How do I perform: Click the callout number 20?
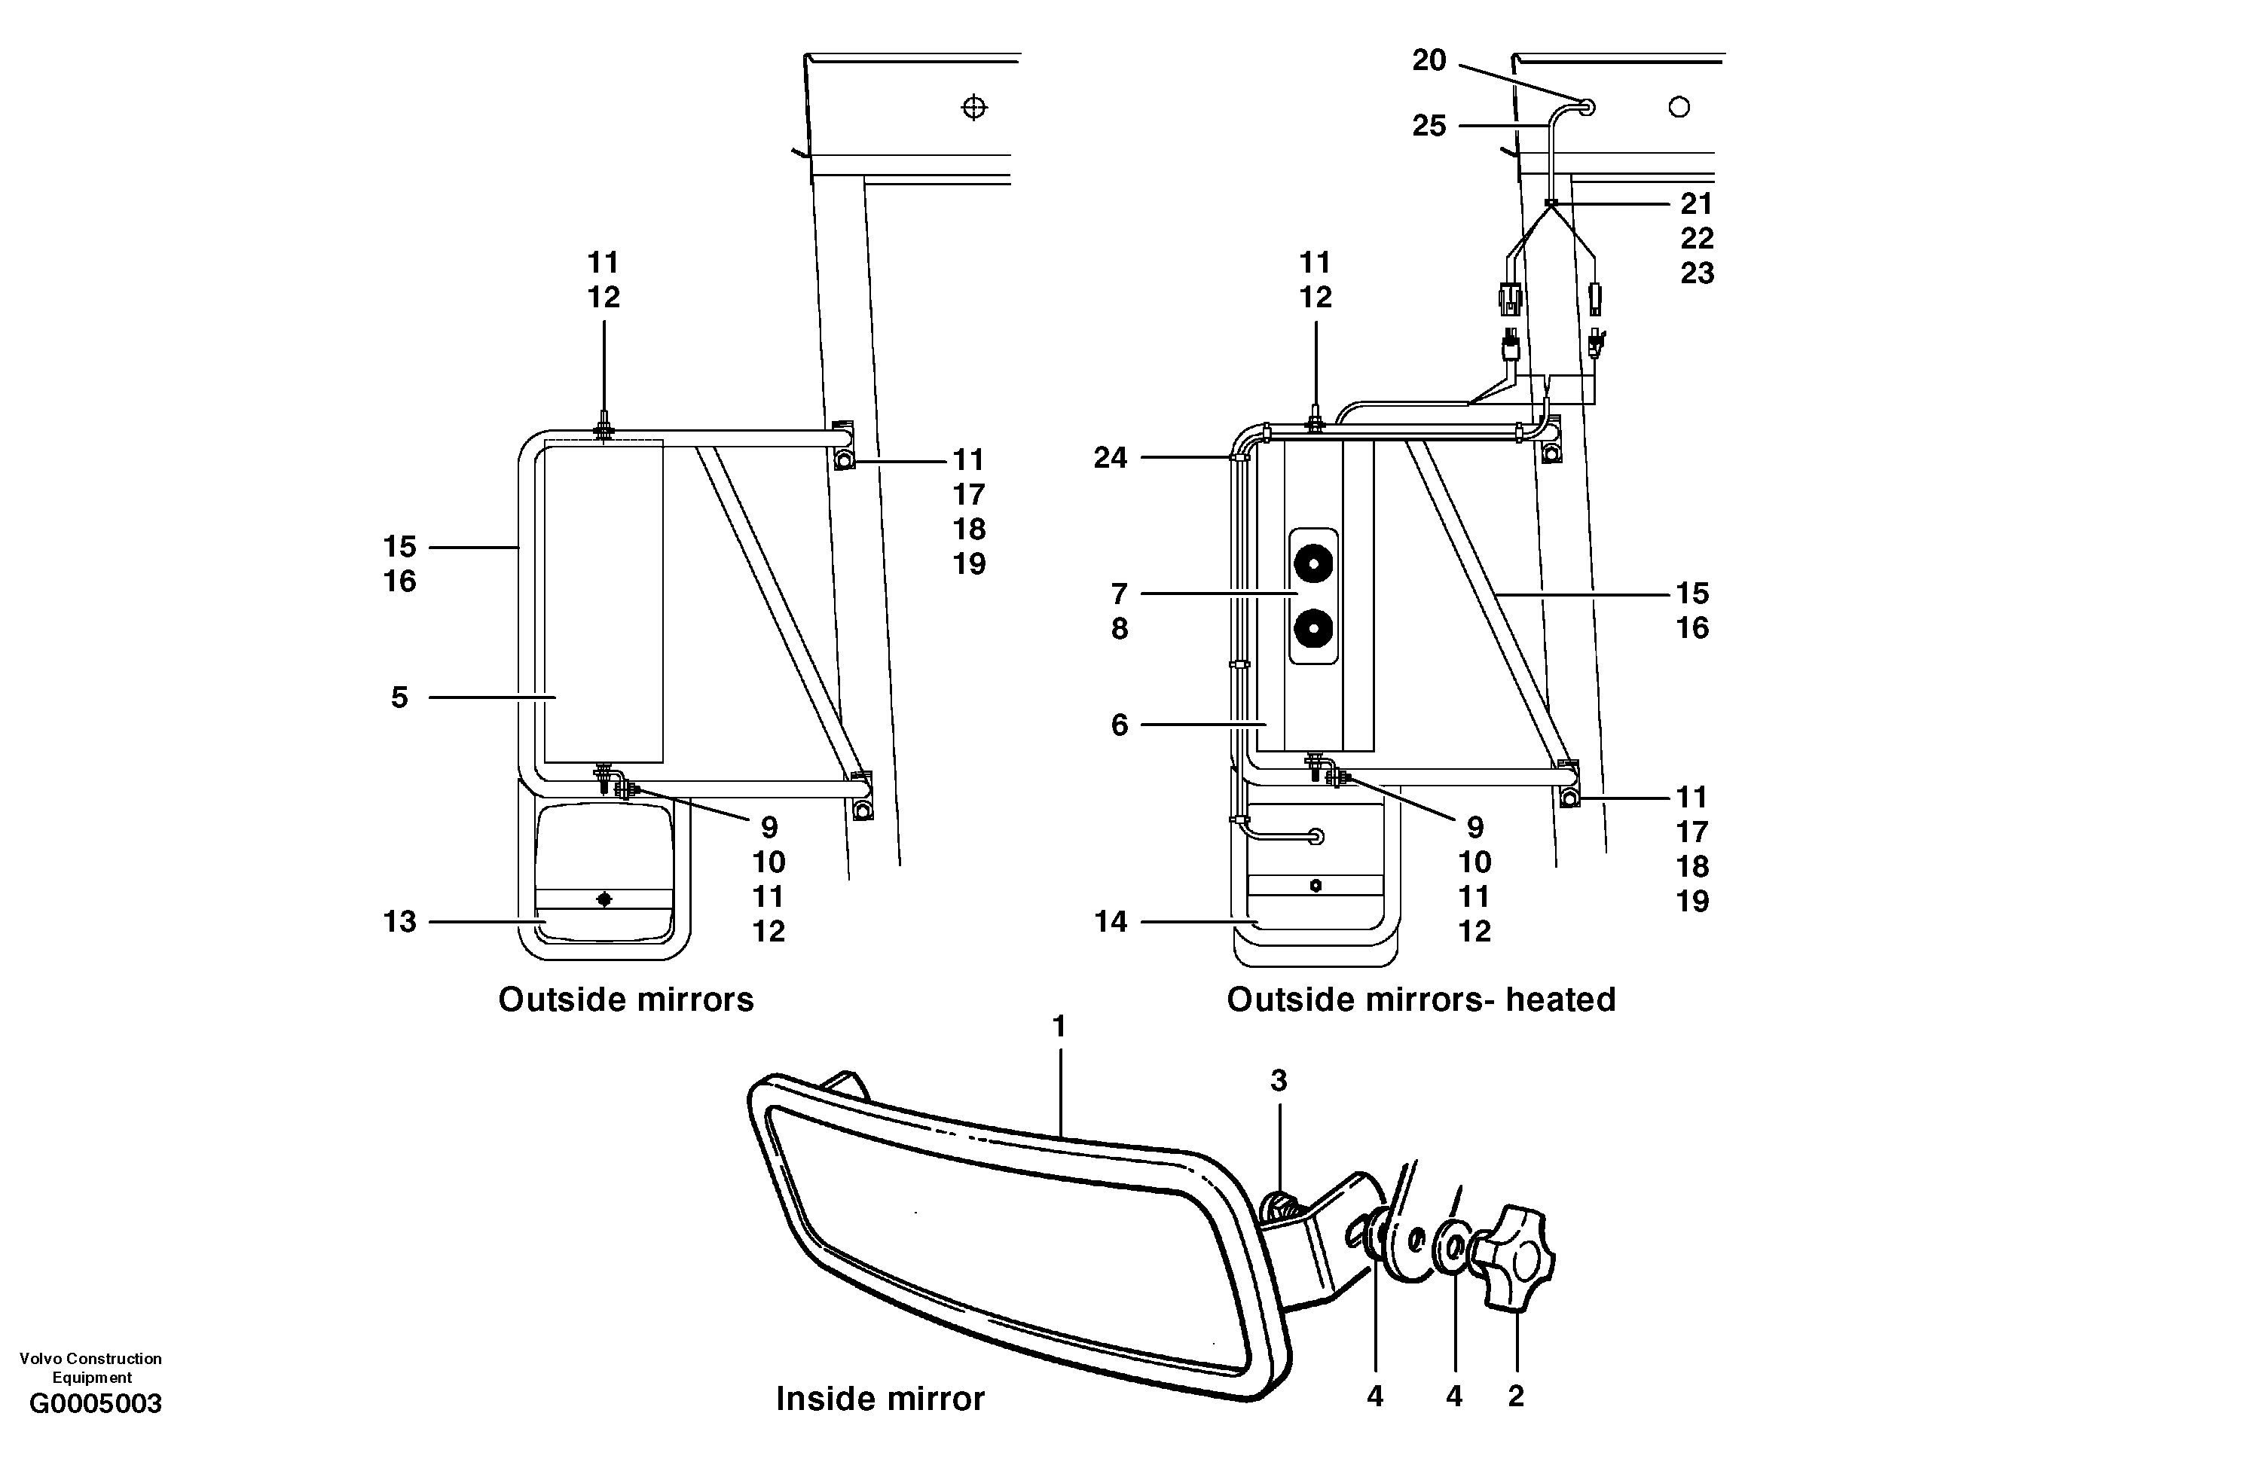pyautogui.click(x=1429, y=61)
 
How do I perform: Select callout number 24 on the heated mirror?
pyautogui.click(x=1110, y=458)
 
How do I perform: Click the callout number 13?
pyautogui.click(x=399, y=921)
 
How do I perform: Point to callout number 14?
pyautogui.click(x=1110, y=921)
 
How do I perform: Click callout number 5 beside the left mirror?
pyautogui.click(x=399, y=697)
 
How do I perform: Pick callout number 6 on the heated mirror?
pyautogui.click(x=1119, y=725)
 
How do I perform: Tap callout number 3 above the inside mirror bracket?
pyautogui.click(x=1278, y=1081)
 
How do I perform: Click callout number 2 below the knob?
pyautogui.click(x=1515, y=1396)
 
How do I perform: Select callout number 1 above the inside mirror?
pyautogui.click(x=1059, y=1026)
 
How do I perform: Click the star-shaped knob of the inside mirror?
pyautogui.click(x=1517, y=1257)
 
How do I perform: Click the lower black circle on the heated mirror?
pyautogui.click(x=1312, y=627)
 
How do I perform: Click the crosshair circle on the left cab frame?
pyautogui.click(x=973, y=108)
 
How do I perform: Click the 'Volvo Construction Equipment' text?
pyautogui.click(x=90, y=1367)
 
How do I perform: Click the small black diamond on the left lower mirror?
pyautogui.click(x=604, y=900)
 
